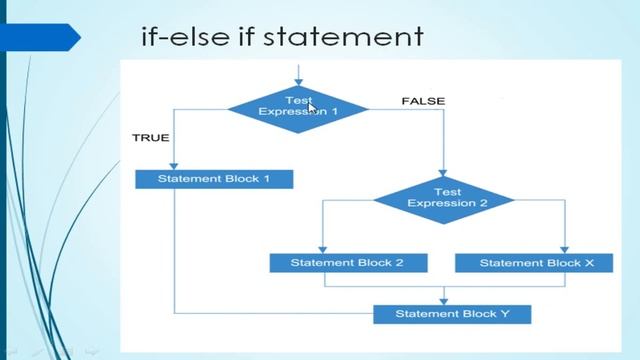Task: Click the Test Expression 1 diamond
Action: click(x=298, y=107)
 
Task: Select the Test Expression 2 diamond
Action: click(x=443, y=198)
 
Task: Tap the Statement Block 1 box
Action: click(x=214, y=180)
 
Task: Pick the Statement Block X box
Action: click(x=536, y=263)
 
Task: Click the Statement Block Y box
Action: click(x=452, y=314)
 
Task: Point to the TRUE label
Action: click(x=150, y=138)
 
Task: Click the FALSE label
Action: click(x=422, y=101)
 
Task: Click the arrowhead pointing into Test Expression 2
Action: click(x=443, y=172)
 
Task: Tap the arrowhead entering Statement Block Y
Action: click(x=443, y=299)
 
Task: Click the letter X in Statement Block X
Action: click(x=589, y=263)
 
